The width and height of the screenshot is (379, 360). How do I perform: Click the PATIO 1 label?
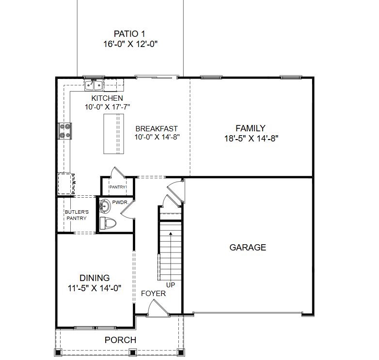(x=129, y=33)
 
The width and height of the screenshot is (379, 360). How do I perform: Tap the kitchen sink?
(x=94, y=86)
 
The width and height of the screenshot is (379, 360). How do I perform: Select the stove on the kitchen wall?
(x=65, y=131)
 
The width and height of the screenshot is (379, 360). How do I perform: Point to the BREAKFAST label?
(x=157, y=129)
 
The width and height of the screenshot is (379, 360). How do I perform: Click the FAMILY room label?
(x=250, y=128)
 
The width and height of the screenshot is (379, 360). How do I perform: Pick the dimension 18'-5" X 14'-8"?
(x=250, y=138)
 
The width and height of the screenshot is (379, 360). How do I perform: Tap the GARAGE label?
(x=248, y=248)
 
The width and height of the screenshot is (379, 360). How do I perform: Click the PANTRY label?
(x=117, y=187)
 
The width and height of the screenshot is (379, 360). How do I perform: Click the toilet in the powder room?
(x=108, y=223)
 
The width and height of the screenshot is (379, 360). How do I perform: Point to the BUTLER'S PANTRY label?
(x=77, y=215)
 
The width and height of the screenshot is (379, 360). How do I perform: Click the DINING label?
(x=95, y=278)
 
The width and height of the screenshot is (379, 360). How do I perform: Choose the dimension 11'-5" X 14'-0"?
(x=95, y=288)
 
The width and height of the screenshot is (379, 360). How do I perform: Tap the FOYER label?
(x=153, y=294)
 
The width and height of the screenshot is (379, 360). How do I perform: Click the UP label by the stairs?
(x=171, y=285)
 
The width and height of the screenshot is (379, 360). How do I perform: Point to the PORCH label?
(x=120, y=340)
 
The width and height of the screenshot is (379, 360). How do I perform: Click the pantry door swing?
(x=118, y=173)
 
